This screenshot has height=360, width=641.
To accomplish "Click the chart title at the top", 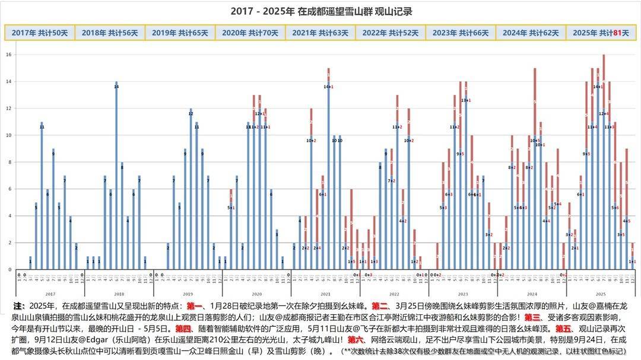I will click(x=321, y=11).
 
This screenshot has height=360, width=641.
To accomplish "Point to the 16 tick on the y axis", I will click(x=9, y=55).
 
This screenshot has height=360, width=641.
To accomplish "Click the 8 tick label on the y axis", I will click(x=9, y=162).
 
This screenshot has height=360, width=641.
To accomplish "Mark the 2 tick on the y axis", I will click(x=9, y=243).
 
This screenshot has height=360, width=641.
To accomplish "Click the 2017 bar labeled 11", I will click(x=42, y=196).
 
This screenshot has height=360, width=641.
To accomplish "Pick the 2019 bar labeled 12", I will click(x=191, y=190).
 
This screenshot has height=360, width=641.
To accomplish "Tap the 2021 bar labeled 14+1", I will click(x=328, y=172).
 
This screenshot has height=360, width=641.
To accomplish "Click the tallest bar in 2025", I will click(x=604, y=160).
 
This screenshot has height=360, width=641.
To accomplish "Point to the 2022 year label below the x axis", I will click(x=394, y=294).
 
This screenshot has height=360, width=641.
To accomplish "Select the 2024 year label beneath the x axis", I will click(x=532, y=294).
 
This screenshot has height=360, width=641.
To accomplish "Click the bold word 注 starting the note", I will click(x=18, y=306).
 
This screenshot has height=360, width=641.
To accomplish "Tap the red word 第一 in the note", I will click(x=195, y=306).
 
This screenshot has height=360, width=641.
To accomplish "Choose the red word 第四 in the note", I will click(x=183, y=329).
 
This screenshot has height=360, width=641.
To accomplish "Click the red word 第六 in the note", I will click(x=355, y=340).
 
